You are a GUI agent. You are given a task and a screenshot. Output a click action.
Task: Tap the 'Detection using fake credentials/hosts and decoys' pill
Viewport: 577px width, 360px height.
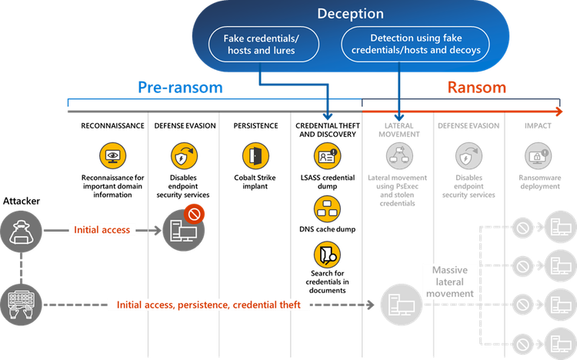click(x=415, y=45)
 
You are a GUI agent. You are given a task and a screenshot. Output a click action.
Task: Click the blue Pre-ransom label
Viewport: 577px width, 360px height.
click(x=180, y=87)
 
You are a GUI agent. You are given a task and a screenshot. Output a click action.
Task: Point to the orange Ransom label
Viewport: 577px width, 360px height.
click(x=477, y=87)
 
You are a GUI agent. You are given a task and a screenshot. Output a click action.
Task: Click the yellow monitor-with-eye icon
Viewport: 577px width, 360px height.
click(x=113, y=156)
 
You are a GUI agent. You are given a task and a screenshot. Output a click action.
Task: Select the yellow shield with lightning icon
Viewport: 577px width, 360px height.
click(x=182, y=156)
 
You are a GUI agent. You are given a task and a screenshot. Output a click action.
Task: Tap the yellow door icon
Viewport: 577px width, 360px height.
click(x=254, y=156)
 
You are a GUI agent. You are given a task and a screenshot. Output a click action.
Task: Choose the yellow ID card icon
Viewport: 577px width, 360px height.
click(x=326, y=156)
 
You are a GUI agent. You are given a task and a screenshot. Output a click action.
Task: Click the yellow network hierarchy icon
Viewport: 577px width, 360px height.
click(x=325, y=207)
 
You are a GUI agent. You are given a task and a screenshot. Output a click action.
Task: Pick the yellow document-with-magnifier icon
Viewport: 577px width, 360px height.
click(x=325, y=254)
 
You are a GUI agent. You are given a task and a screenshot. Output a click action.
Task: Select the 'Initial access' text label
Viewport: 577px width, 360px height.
click(x=103, y=229)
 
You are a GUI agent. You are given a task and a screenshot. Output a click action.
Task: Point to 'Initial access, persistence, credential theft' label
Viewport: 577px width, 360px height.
click(x=213, y=305)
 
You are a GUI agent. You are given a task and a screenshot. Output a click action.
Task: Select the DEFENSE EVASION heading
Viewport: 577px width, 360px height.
click(x=468, y=125)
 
